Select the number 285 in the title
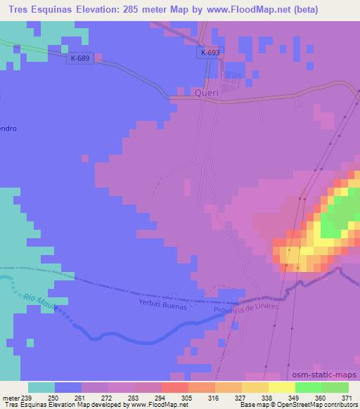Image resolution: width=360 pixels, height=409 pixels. (x=135, y=10)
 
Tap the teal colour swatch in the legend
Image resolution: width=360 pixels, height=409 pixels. (x=41, y=387)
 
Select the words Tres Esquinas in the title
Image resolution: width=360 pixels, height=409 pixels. (x=35, y=10)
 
